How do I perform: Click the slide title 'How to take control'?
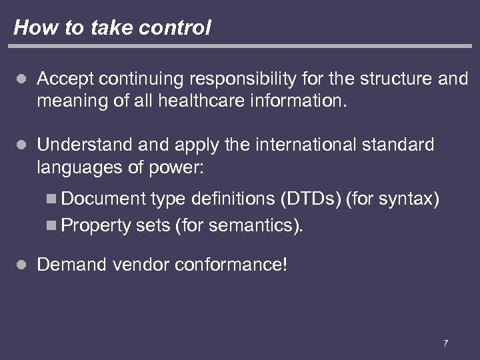click(x=112, y=27)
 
